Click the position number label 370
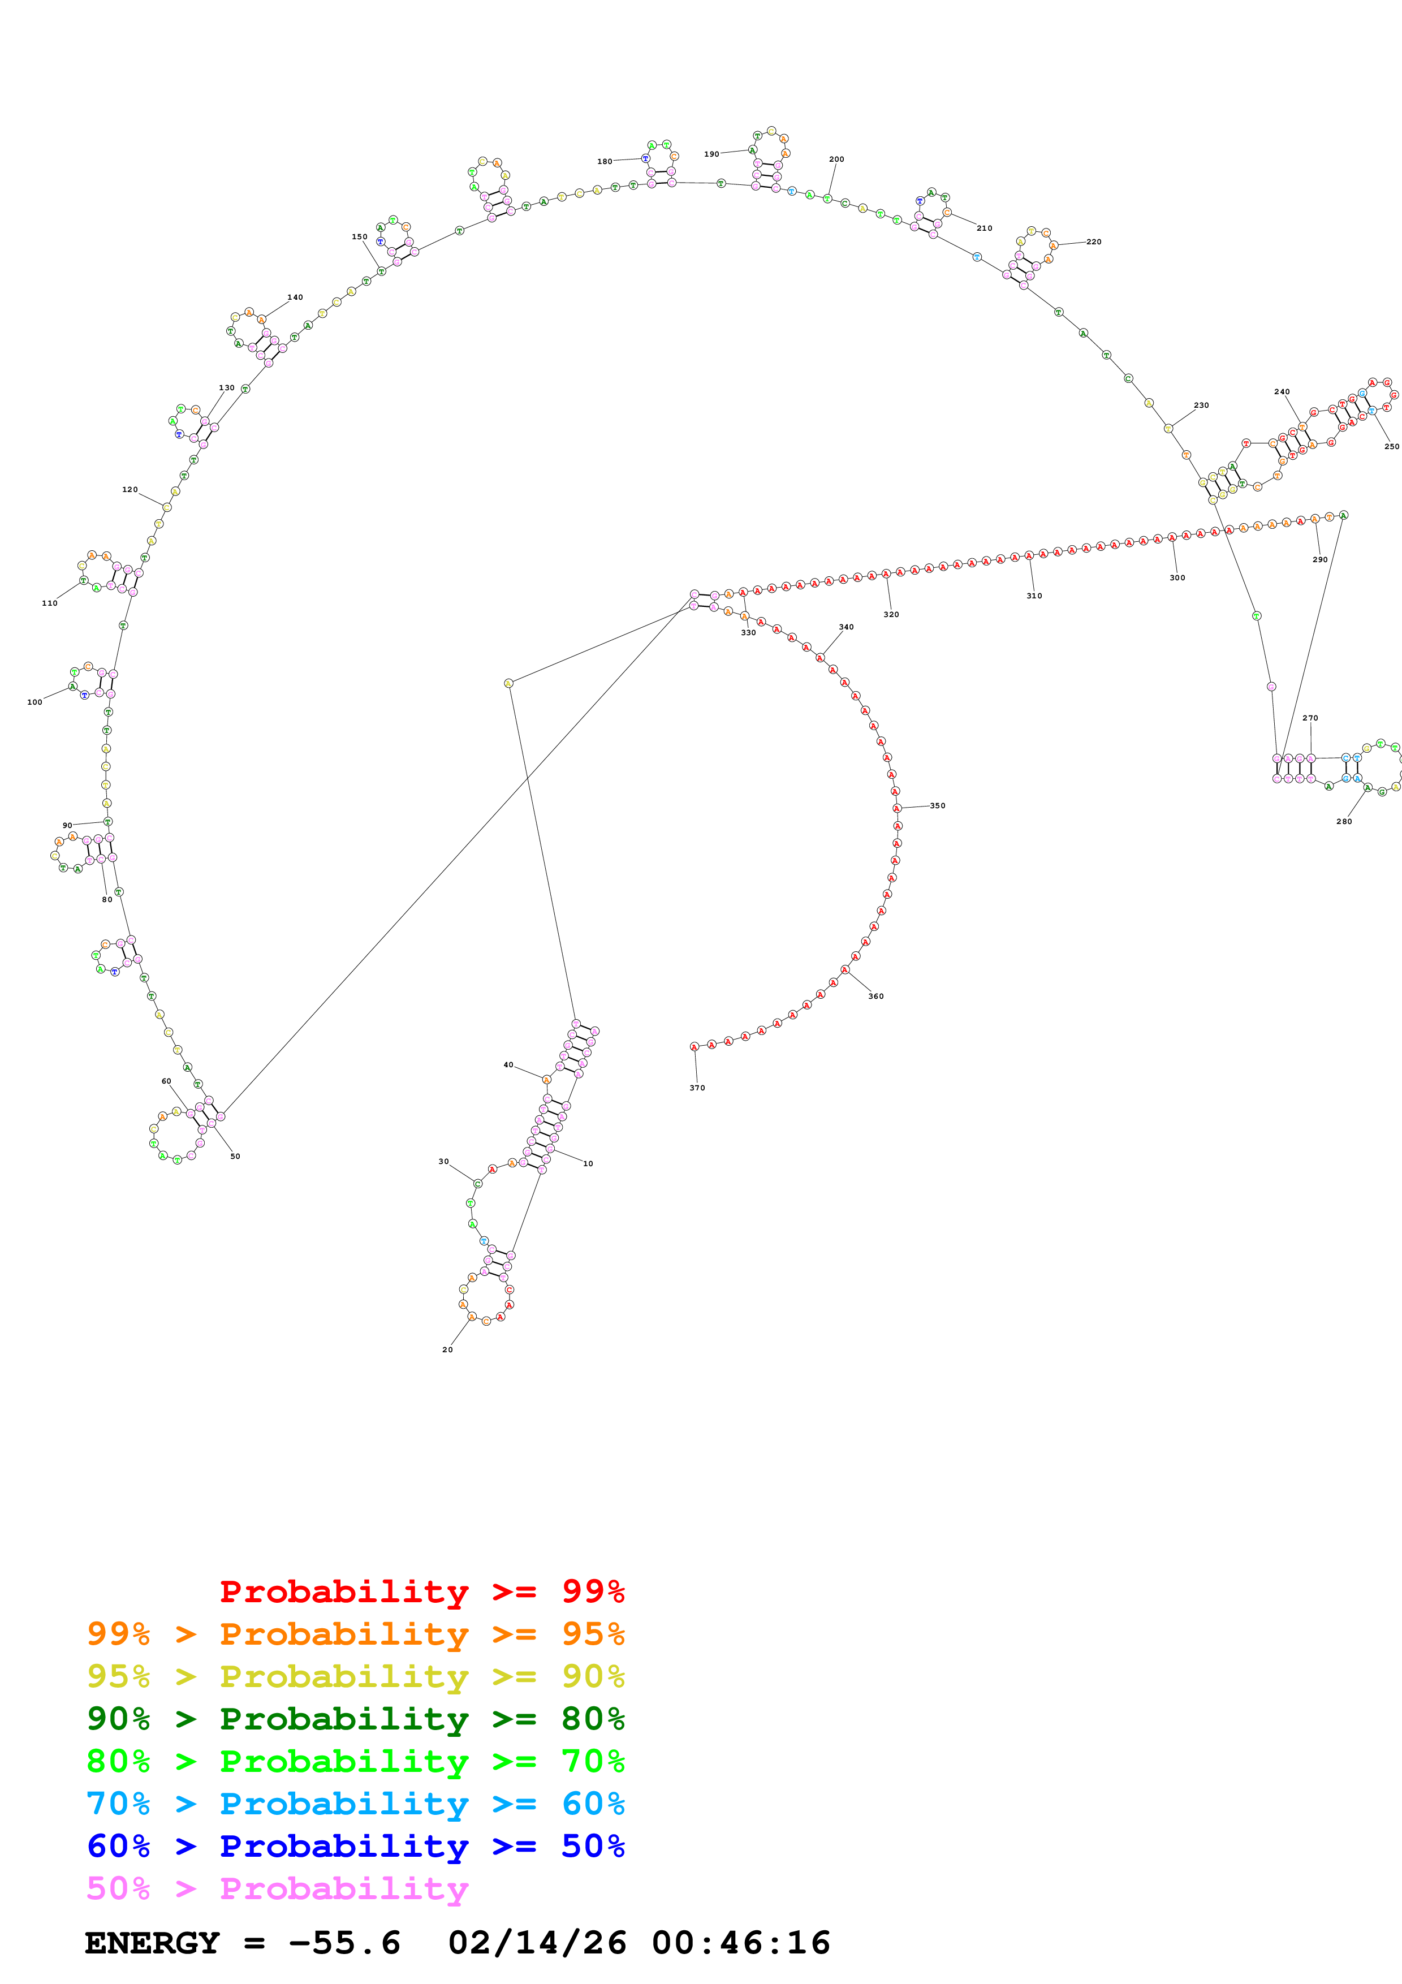697,1088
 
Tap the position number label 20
447,1350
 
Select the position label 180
605,162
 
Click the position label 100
34,702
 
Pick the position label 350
937,806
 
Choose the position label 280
1344,822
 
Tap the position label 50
235,1156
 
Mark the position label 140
295,297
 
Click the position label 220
1094,242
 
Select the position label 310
1034,596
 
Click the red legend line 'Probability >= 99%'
421,1591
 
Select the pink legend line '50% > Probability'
277,1889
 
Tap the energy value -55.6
344,1943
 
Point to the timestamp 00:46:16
740,1943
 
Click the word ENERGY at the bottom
152,1943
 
